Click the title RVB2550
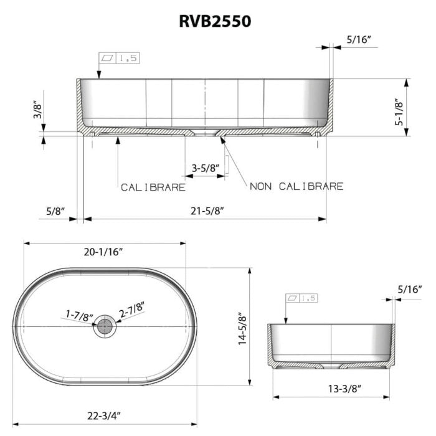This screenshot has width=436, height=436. click(x=216, y=21)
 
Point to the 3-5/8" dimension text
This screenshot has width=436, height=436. click(x=205, y=168)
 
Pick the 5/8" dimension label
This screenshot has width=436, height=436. click(x=55, y=211)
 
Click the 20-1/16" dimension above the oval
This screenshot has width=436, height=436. click(x=103, y=252)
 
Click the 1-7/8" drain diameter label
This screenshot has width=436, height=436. click(x=80, y=315)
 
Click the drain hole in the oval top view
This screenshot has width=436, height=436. click(x=105, y=326)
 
